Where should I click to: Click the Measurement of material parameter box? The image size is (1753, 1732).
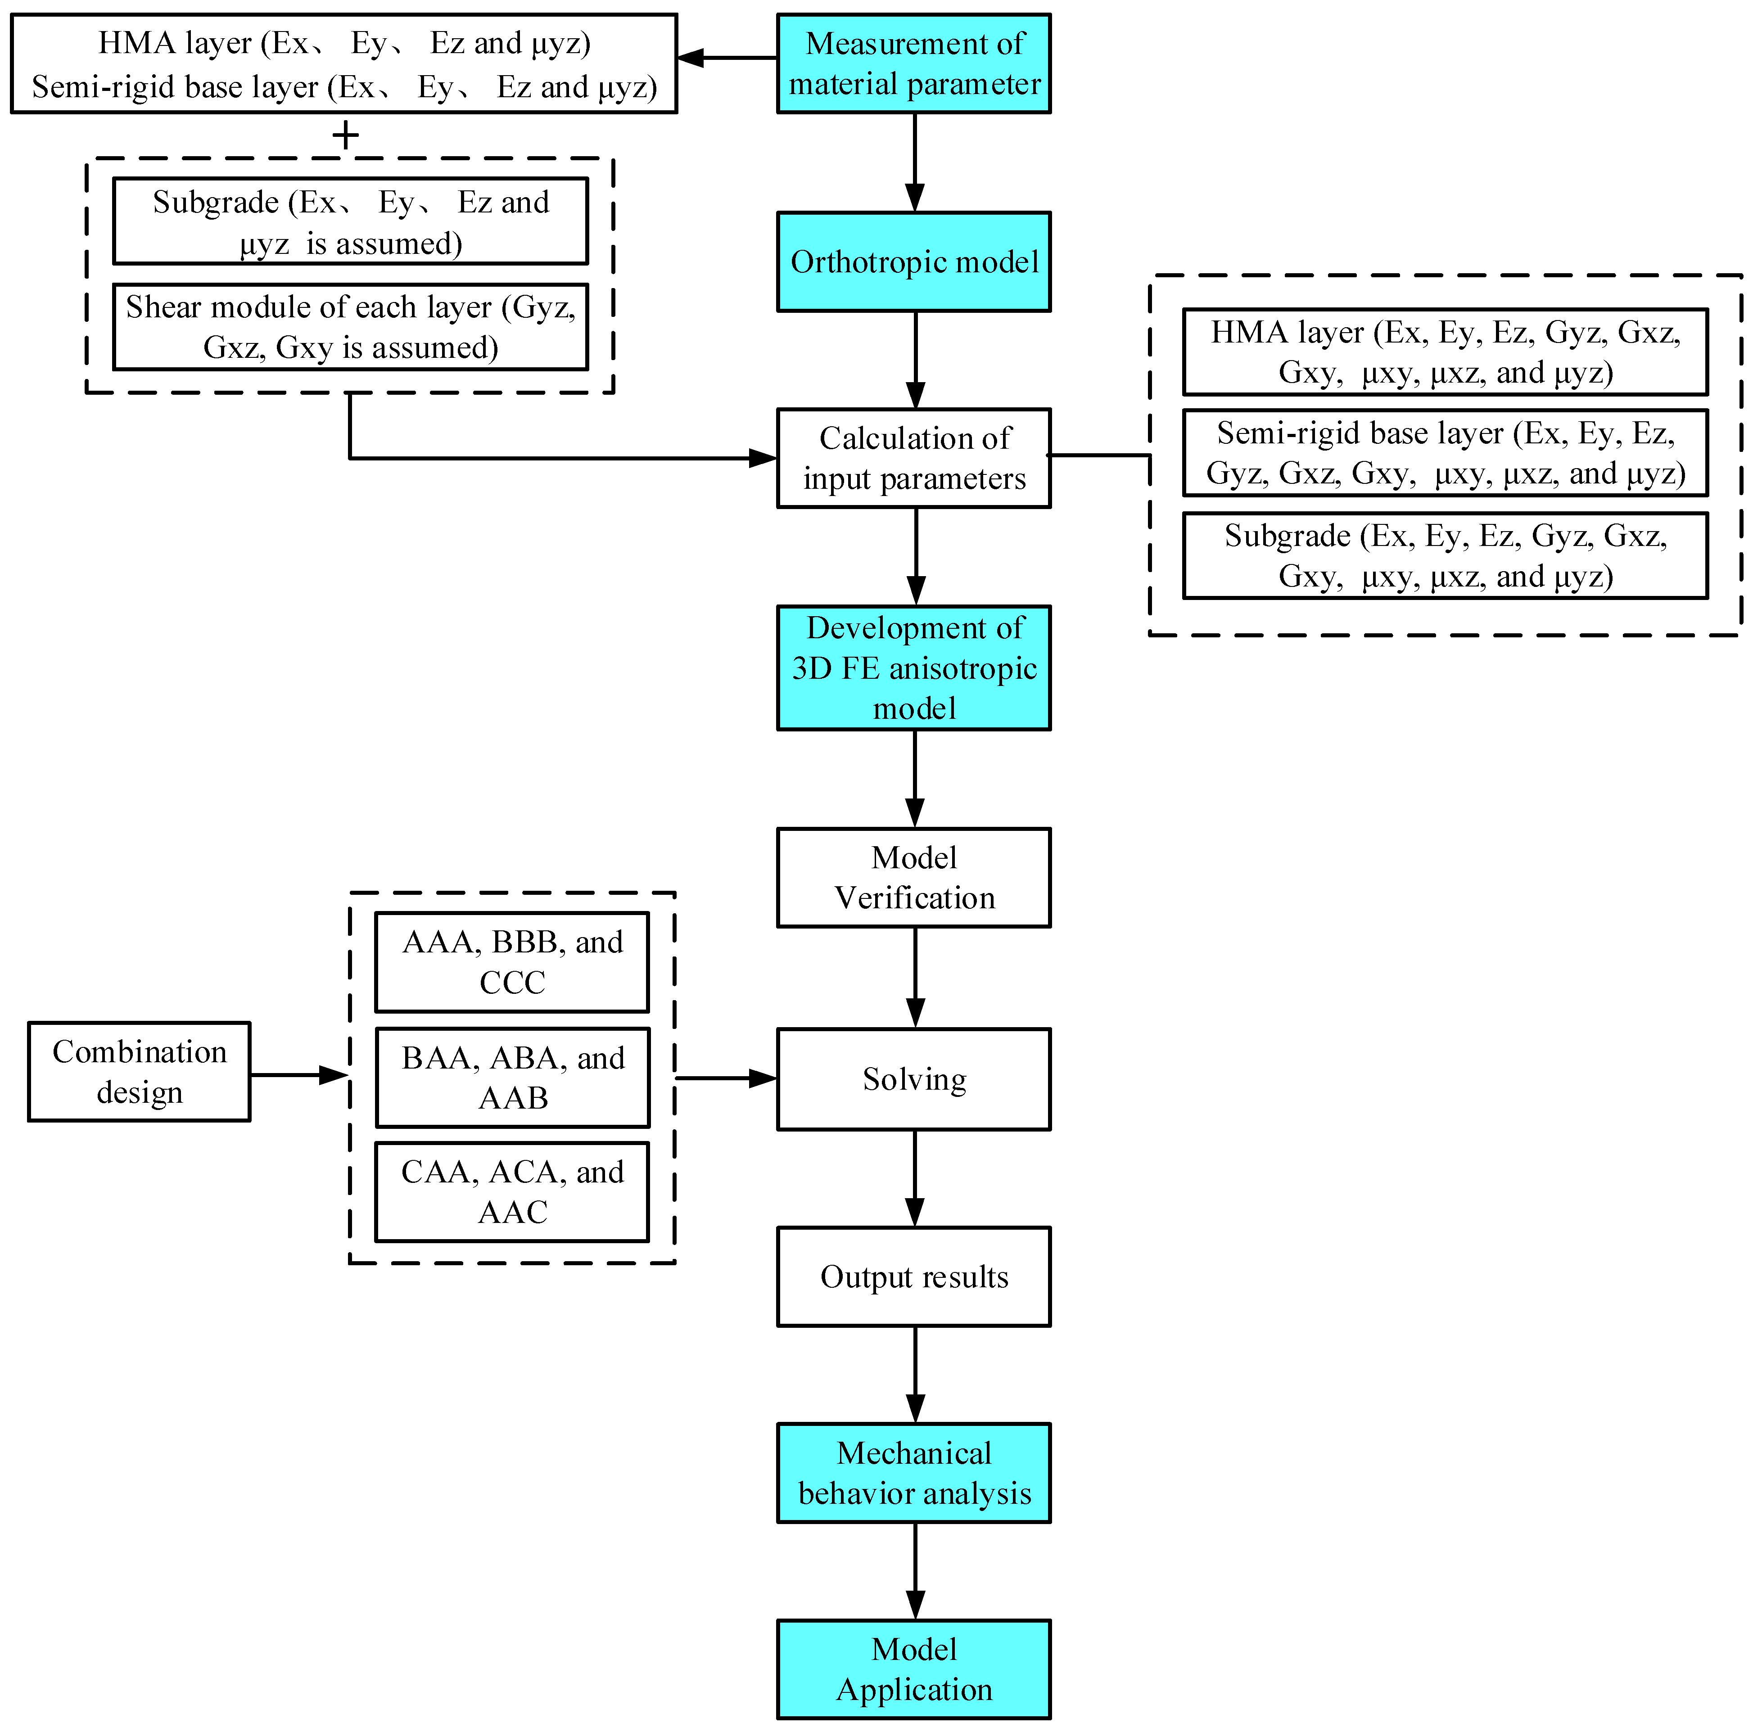[914, 63]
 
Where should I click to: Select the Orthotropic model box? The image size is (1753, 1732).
[914, 262]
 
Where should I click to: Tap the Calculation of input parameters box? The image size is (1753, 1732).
[914, 458]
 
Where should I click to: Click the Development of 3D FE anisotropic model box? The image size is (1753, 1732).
[914, 668]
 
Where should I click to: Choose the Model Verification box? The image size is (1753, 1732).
[914, 877]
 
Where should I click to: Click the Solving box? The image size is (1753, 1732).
[914, 1079]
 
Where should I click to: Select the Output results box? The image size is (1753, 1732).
[914, 1276]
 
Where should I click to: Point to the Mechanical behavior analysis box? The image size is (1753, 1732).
[914, 1474]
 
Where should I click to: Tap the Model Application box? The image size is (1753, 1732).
[914, 1669]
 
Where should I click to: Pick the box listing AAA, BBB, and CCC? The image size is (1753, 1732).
[512, 962]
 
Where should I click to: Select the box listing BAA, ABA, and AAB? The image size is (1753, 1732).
[512, 1078]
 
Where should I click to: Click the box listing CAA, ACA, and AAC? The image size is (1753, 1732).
[512, 1191]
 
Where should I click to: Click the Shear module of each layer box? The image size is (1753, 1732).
[350, 327]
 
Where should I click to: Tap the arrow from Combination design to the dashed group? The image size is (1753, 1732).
[299, 1075]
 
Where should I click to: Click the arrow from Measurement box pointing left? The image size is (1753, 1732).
[726, 58]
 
